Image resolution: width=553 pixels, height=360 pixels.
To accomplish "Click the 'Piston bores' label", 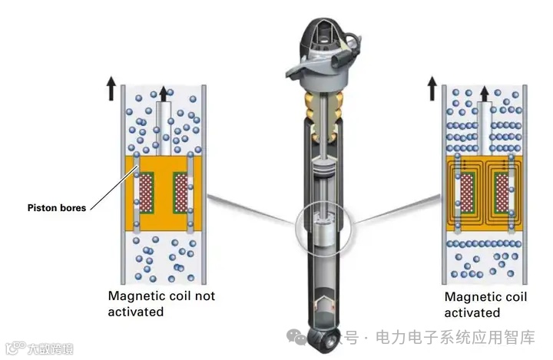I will pos(55,207).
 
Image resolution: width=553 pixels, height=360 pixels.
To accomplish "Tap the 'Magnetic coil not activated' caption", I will pos(161,303).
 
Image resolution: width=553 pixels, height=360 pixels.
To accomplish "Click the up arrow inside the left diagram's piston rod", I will pos(162,94).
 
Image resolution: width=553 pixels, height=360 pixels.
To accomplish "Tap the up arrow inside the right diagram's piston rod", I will pos(485,94).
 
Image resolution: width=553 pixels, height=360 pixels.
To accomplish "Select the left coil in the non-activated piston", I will pos(144,193).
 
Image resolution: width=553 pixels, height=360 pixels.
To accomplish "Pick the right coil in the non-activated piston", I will pos(181,193).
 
